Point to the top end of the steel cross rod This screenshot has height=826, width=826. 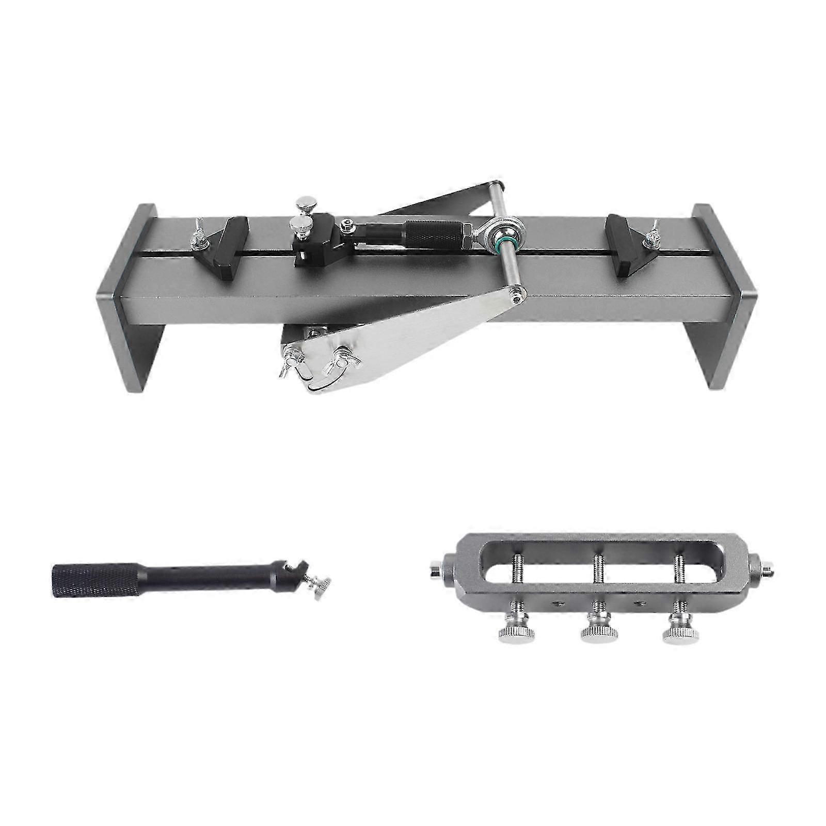tap(497, 186)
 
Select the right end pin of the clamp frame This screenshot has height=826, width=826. tap(767, 570)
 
